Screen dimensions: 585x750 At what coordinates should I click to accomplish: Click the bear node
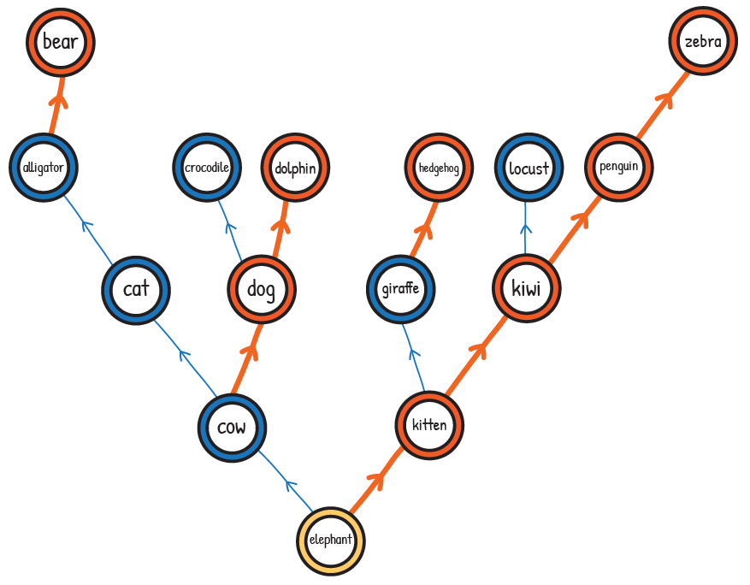60,42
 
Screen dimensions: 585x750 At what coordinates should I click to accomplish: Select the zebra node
703,42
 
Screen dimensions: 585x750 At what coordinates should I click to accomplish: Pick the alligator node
44,168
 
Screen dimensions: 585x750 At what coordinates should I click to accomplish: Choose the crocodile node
207,168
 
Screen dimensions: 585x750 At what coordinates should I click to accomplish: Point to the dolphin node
295,168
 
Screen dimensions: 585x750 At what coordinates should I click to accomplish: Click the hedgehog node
439,168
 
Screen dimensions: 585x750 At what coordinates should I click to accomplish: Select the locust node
528,168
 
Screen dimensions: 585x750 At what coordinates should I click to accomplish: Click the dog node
262,290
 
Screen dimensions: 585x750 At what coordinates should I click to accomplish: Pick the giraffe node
400,288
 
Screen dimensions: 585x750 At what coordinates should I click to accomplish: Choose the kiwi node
527,289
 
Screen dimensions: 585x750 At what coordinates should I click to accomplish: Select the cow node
232,427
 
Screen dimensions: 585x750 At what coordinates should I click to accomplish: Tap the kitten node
429,425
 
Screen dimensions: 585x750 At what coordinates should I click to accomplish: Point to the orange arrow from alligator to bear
56,104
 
